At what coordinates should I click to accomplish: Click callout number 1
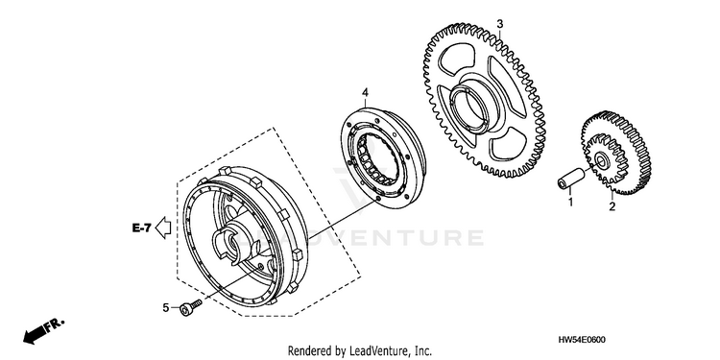click(571, 202)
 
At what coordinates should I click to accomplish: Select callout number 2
click(612, 206)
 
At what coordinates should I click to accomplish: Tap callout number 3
click(500, 23)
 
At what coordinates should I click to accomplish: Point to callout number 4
click(365, 93)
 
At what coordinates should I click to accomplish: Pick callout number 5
click(166, 307)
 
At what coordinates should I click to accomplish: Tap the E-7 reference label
click(141, 228)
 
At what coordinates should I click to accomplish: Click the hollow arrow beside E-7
click(163, 228)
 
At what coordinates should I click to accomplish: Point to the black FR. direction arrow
click(36, 334)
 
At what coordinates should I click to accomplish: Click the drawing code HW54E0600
click(582, 340)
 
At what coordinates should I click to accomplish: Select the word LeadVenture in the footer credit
click(376, 351)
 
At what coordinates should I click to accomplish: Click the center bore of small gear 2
click(601, 160)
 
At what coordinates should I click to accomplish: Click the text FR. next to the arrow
click(55, 324)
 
